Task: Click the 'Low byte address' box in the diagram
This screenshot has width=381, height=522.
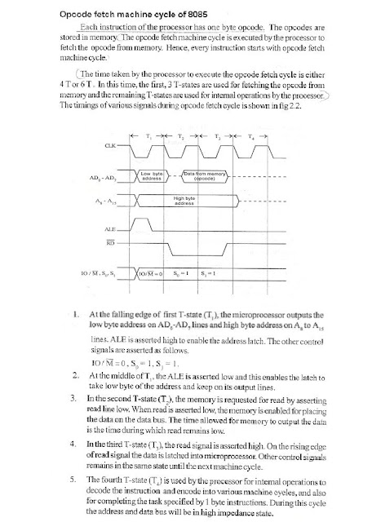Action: [x=153, y=175]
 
